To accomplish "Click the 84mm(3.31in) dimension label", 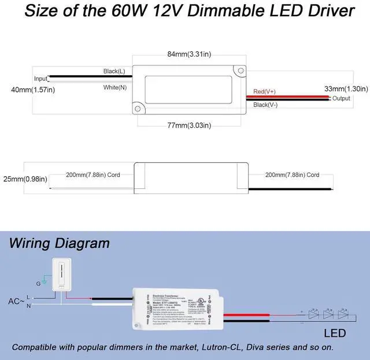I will click(189, 54).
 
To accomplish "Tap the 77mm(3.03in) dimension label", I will click(189, 125).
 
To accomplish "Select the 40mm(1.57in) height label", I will click(33, 90).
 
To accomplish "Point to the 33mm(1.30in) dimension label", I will click(346, 88).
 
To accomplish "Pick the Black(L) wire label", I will click(114, 71).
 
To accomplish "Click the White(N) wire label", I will click(114, 87).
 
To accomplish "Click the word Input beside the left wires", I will click(40, 79).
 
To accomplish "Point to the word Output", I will click(341, 99).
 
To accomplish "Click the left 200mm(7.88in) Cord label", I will click(93, 175).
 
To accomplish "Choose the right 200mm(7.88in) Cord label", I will click(292, 175).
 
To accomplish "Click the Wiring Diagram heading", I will click(59, 243).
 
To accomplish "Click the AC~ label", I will click(16, 301).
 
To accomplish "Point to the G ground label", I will click(39, 284).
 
